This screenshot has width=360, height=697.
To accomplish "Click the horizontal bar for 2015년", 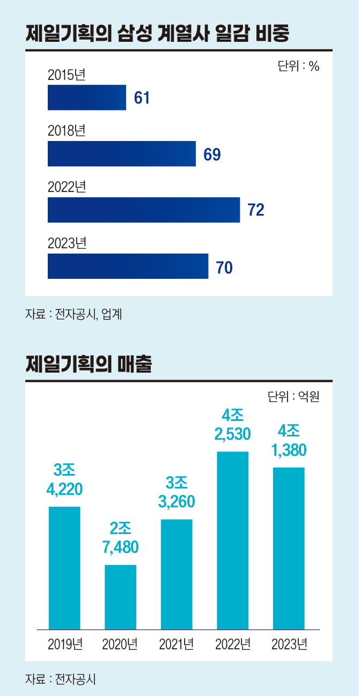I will [86, 98].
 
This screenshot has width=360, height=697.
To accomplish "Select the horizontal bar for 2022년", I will [143, 210].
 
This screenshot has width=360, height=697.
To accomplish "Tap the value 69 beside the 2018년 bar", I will [212, 154].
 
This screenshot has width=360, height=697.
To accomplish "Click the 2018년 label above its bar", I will [67, 131].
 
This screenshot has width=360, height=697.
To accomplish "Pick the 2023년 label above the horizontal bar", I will [67, 243].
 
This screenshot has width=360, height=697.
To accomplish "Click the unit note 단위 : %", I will [298, 66].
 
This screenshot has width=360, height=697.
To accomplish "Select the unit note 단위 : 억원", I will [293, 397].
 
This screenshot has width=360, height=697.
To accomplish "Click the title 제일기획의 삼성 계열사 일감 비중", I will [157, 34].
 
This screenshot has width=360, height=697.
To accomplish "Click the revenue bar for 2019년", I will [64, 568].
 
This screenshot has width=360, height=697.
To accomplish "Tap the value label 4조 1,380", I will [289, 441].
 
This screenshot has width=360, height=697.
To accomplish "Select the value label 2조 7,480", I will [120, 538].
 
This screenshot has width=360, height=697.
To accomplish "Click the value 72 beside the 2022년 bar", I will [256, 210].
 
